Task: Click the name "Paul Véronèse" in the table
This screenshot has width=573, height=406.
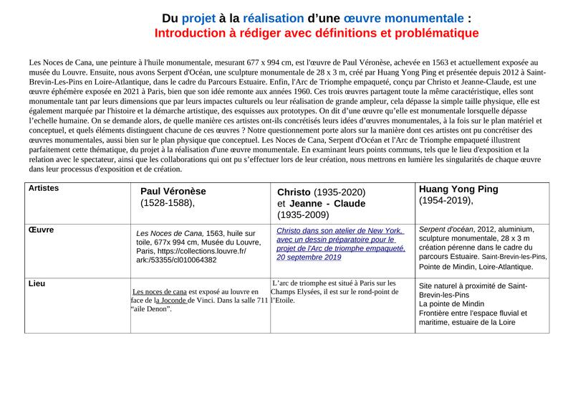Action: tap(173, 192)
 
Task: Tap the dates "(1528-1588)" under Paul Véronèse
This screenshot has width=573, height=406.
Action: tap(167, 203)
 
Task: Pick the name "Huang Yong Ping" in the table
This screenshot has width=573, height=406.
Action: tap(458, 189)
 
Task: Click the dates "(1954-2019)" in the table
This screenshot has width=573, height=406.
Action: tap(446, 200)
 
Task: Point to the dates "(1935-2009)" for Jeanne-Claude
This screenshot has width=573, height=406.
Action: tap(304, 214)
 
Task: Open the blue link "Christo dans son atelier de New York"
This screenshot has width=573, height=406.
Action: tap(340, 231)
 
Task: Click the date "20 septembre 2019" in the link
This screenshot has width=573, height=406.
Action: tap(309, 257)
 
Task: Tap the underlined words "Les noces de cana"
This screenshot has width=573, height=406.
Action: tap(160, 291)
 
